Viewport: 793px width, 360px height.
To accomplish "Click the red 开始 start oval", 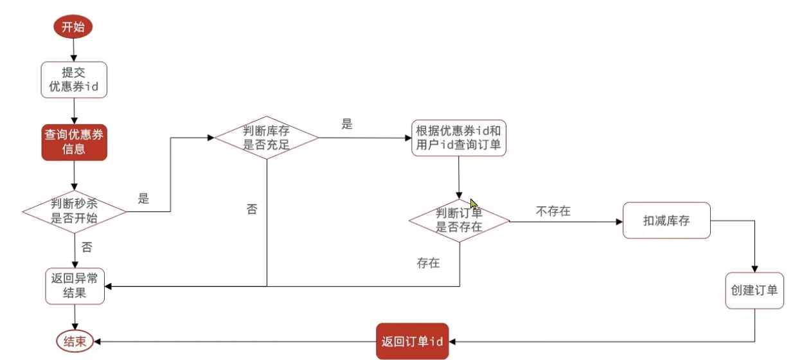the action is pyautogui.click(x=73, y=26).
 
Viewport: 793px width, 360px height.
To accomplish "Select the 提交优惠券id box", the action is pyautogui.click(x=74, y=80).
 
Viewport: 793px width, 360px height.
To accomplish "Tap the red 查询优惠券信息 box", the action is pyautogui.click(x=74, y=142).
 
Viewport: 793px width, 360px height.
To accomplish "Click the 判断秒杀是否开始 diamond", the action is pyautogui.click(x=74, y=212).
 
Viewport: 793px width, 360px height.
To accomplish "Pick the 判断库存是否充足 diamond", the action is pyautogui.click(x=266, y=138).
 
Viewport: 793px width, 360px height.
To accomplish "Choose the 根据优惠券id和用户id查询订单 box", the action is pyautogui.click(x=458, y=138).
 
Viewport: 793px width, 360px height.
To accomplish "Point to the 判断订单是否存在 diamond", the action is pyautogui.click(x=459, y=220).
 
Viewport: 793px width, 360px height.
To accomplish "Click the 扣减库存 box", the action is pyautogui.click(x=666, y=221).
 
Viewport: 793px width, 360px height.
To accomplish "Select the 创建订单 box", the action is pyautogui.click(x=754, y=291).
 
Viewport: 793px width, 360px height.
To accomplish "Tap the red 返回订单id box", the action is pyautogui.click(x=412, y=341).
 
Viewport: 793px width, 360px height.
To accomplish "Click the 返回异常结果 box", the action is pyautogui.click(x=75, y=286).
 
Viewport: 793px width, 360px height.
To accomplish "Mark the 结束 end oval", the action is pyautogui.click(x=75, y=341).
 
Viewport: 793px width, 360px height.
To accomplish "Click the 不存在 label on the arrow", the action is pyautogui.click(x=553, y=212).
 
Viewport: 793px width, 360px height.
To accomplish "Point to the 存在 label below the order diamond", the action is pyautogui.click(x=428, y=263).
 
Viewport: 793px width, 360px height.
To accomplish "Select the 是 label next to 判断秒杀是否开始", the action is pyautogui.click(x=143, y=199).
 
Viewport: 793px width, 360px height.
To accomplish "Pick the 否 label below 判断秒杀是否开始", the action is pyautogui.click(x=87, y=247).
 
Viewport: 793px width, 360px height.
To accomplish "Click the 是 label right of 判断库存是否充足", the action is pyautogui.click(x=347, y=124).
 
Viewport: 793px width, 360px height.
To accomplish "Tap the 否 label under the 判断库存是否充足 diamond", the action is pyautogui.click(x=252, y=209).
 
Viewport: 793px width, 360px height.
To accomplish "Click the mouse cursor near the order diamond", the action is pyautogui.click(x=474, y=204).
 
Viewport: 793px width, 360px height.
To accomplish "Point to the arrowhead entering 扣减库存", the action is pyautogui.click(x=619, y=222).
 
